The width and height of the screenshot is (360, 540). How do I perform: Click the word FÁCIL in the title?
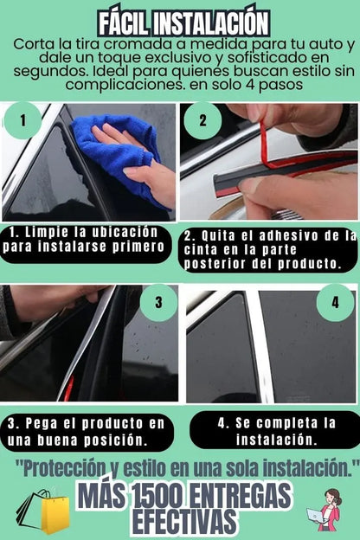(x=124, y=23)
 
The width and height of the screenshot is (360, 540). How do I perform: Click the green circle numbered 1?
(x=22, y=120)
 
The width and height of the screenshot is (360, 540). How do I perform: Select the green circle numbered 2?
(x=202, y=120)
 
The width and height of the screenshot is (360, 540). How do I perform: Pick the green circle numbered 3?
(x=158, y=303)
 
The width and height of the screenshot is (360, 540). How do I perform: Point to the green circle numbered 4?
(x=335, y=303)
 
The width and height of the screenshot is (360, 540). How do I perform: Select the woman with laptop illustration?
(x=325, y=510)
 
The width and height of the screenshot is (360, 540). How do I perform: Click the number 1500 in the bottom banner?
(x=157, y=496)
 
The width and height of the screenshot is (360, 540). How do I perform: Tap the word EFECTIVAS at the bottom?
(x=185, y=521)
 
